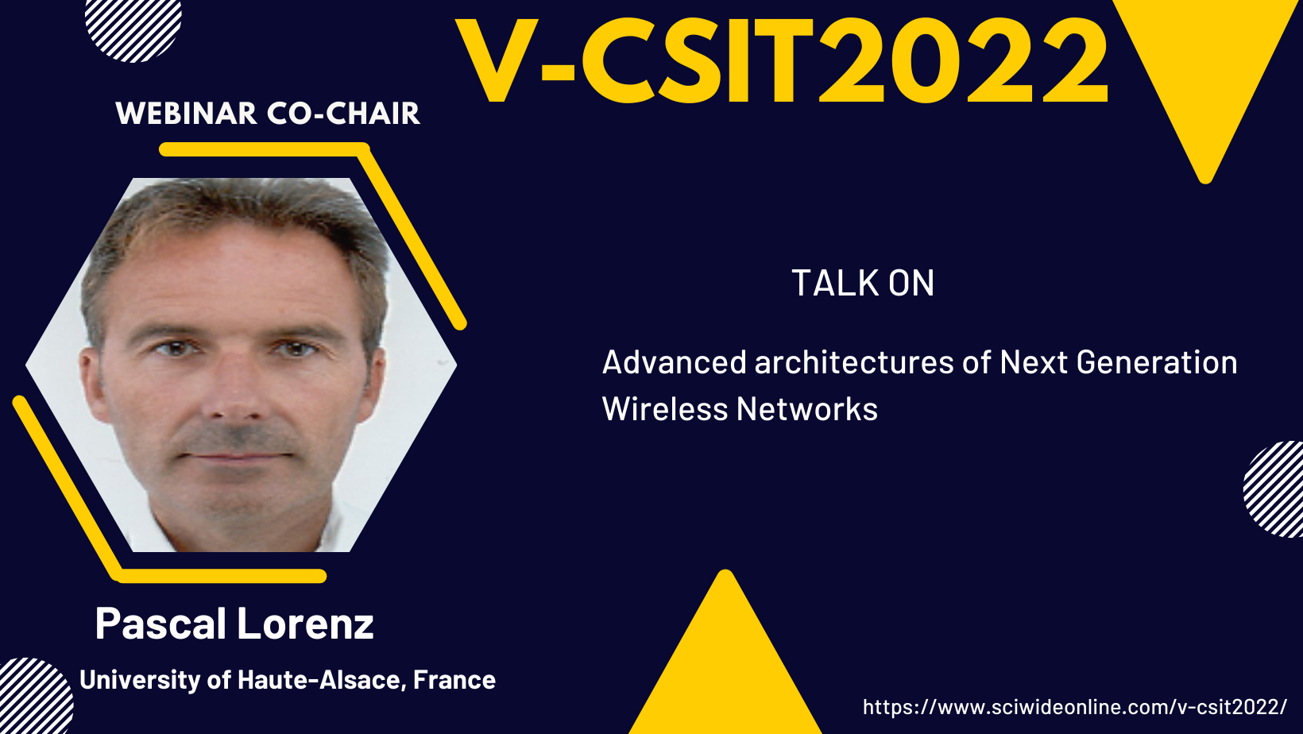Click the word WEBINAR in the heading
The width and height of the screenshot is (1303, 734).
186,113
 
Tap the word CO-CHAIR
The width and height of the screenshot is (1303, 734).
344,113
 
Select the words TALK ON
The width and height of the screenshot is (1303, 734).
863,283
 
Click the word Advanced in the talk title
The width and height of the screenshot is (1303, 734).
675,361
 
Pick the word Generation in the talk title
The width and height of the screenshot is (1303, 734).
1157,361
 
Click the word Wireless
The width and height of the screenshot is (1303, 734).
665,408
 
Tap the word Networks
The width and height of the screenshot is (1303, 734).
806,408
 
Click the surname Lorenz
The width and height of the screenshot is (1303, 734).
305,624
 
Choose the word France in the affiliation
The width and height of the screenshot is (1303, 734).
454,680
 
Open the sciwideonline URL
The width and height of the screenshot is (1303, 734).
1075,707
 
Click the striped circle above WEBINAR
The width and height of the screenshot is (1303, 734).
133,26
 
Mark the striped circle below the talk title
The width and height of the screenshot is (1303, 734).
1274,489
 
